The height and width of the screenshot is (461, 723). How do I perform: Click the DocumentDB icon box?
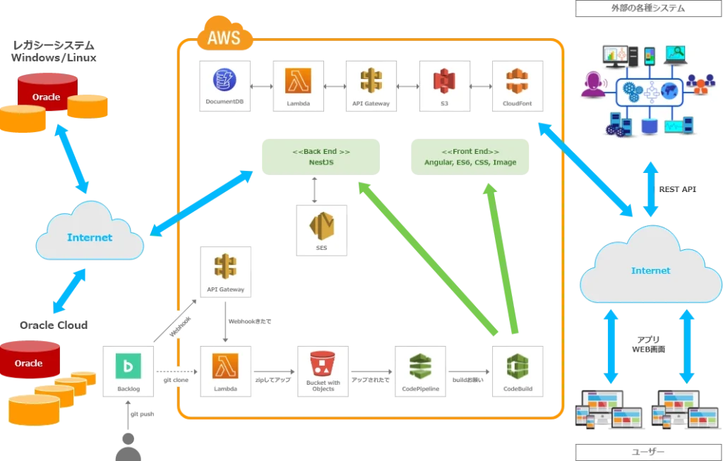coord(225,86)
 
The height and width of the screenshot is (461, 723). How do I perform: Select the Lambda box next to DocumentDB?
coord(299,86)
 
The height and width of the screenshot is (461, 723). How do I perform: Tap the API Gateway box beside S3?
coord(371,86)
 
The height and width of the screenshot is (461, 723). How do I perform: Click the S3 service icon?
coord(445,86)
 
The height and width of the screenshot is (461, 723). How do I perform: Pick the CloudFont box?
coord(519,86)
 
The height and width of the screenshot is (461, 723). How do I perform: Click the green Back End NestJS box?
coord(321,157)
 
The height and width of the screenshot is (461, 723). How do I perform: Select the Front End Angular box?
coord(470,157)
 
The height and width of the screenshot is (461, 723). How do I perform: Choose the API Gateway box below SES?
coord(225,271)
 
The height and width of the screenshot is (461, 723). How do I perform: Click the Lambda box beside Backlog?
coord(225,371)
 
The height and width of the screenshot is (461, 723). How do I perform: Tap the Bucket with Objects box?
coord(323,371)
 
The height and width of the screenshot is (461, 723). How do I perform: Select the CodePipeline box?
coord(420,371)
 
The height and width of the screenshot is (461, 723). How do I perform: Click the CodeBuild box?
coord(519,371)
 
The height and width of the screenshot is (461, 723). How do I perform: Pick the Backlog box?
coord(128,371)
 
